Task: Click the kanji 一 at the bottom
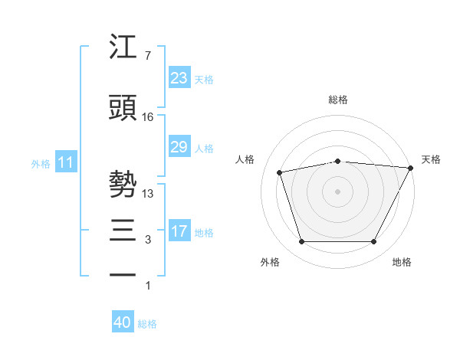[x=123, y=274]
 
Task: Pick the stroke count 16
[x=148, y=116]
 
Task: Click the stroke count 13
[x=148, y=194]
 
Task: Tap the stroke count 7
[x=148, y=56]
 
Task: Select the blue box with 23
[x=179, y=77]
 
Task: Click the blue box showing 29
[x=179, y=147]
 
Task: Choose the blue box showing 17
[x=179, y=231]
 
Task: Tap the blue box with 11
[x=65, y=162]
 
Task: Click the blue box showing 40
[x=122, y=323]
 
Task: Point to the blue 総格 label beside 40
[x=147, y=324]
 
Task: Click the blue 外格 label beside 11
[x=41, y=163]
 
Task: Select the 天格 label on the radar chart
[x=431, y=159]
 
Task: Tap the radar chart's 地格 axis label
[x=402, y=262]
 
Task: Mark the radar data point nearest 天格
[x=411, y=168]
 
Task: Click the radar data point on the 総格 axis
[x=338, y=161]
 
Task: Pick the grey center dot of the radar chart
[x=338, y=191]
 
